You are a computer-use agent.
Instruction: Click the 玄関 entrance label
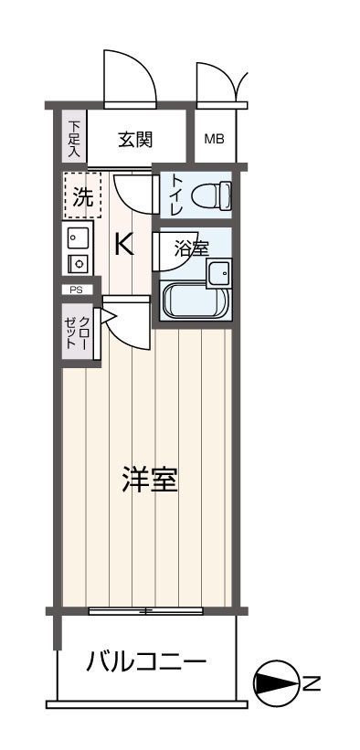click(134, 140)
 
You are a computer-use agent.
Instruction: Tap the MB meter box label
click(214, 140)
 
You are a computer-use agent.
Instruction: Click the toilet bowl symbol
click(216, 195)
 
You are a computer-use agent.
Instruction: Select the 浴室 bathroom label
click(192, 247)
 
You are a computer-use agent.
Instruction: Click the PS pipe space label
click(76, 290)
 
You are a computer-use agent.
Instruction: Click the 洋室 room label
click(149, 480)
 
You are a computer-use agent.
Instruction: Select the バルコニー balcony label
click(146, 662)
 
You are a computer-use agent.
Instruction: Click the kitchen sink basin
click(77, 239)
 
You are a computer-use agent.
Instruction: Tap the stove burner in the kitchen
click(78, 264)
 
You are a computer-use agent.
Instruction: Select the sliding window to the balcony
click(146, 609)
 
